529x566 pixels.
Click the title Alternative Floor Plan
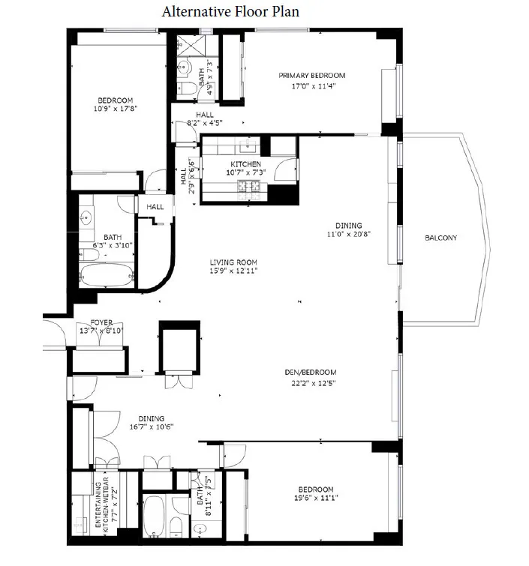click(221, 12)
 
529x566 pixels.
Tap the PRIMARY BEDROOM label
click(312, 75)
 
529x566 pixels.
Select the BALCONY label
click(440, 238)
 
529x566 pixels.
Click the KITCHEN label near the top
click(245, 164)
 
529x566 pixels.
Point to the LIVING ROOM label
click(234, 262)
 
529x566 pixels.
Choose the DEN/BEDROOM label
click(310, 373)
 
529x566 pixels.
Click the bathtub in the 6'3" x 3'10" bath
click(107, 274)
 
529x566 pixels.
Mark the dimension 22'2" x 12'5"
click(310, 382)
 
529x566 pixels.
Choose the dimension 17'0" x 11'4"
click(312, 85)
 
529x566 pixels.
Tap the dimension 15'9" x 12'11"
click(234, 271)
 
